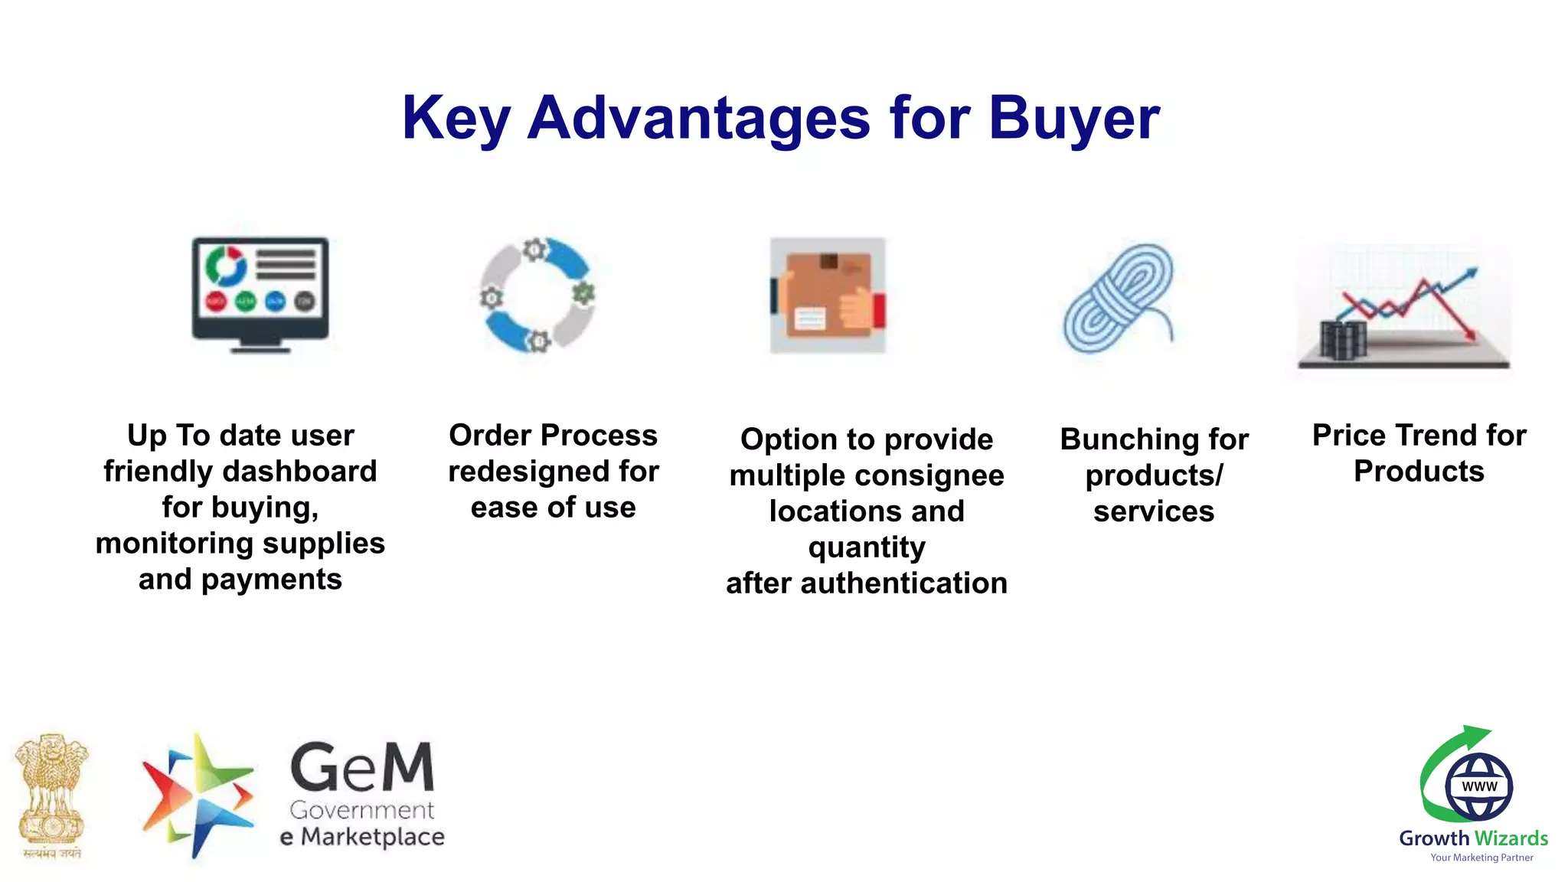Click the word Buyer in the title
pos(1073,119)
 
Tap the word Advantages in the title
pos(698,119)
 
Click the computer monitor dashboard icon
pos(260,294)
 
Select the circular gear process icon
pos(537,295)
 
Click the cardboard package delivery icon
pos(828,296)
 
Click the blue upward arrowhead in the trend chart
pos(1470,273)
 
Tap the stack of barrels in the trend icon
pos(1343,340)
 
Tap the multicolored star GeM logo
pos(198,796)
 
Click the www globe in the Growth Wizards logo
pos(1478,786)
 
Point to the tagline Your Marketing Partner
pos(1481,857)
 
